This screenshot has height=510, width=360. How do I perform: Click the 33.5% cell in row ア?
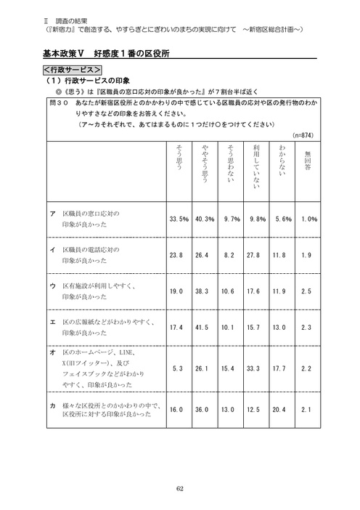click(179, 219)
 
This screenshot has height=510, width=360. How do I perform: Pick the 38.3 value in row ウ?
click(205, 291)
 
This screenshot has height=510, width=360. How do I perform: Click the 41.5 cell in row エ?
click(205, 328)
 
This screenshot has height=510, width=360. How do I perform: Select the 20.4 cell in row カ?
click(283, 410)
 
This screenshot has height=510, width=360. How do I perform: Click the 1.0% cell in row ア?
click(308, 219)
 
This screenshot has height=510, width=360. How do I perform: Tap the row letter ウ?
click(52, 286)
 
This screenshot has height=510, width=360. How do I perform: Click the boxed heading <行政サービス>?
click(71, 70)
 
